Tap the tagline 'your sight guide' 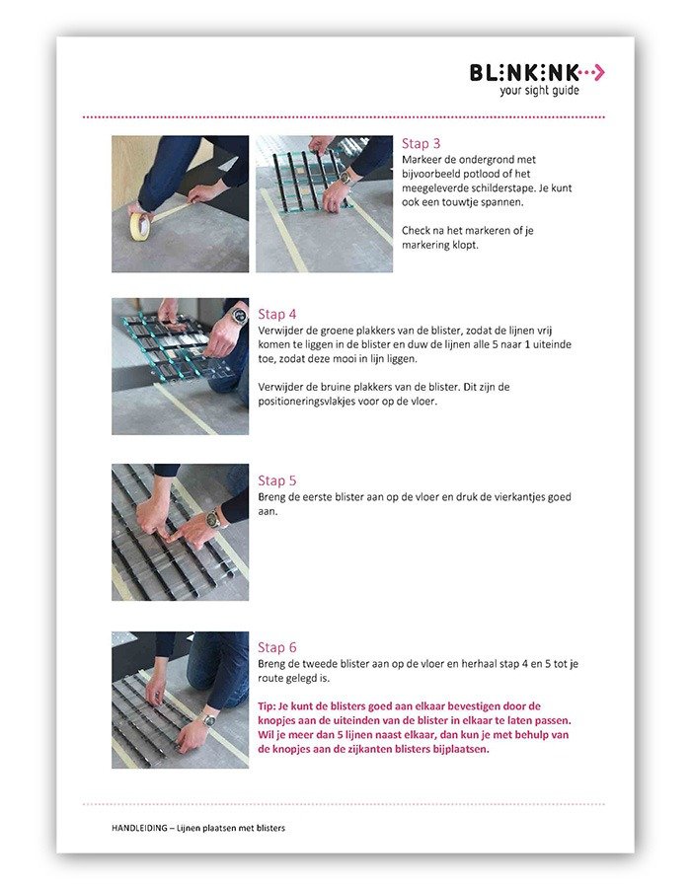click(x=539, y=91)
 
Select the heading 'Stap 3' click(x=421, y=144)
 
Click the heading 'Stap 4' click(x=277, y=315)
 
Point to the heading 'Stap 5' click(x=277, y=481)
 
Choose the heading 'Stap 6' click(x=277, y=647)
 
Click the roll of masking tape click(x=140, y=224)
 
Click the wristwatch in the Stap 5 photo click(x=213, y=518)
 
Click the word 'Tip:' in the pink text click(x=267, y=706)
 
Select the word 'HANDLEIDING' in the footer click(x=139, y=828)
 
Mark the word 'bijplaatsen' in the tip click(x=461, y=749)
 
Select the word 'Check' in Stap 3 click(x=416, y=231)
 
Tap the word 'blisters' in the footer click(x=270, y=828)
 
